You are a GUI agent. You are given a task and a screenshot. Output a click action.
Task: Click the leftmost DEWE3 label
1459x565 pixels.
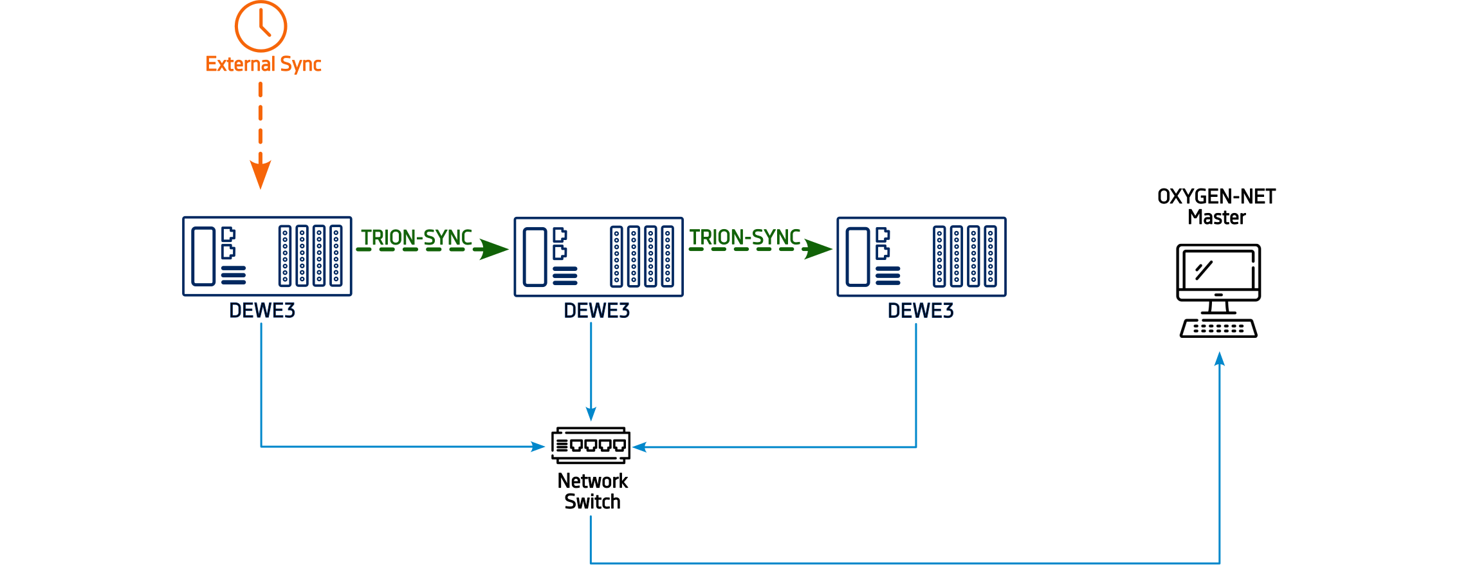tap(262, 311)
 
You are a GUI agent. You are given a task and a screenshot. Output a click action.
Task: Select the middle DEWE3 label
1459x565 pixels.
tap(596, 311)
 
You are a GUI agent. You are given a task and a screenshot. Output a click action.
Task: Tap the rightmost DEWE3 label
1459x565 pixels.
tap(920, 311)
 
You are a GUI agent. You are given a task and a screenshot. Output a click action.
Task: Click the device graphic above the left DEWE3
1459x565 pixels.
tap(270, 256)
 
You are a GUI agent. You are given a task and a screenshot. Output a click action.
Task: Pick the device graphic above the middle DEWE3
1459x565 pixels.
tap(596, 256)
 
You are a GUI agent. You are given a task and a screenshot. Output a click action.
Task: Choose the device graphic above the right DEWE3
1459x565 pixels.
tap(920, 256)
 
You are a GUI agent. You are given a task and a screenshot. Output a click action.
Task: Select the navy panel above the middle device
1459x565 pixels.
tap(598, 135)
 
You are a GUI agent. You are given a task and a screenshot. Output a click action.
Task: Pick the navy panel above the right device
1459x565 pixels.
tap(920, 135)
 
